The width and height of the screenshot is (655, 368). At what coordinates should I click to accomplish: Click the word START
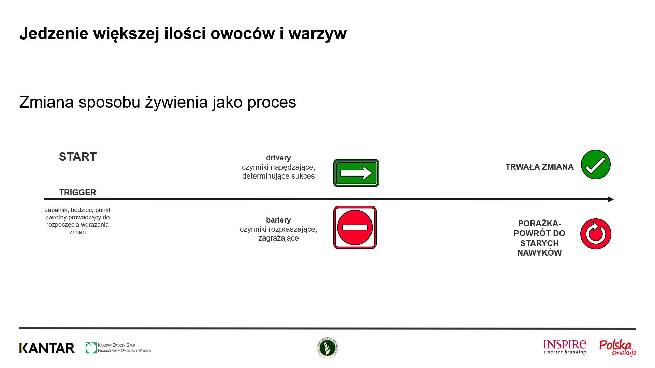(x=78, y=157)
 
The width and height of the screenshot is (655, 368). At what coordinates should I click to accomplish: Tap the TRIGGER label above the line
(x=78, y=193)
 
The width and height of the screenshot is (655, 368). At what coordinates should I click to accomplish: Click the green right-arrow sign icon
(x=356, y=173)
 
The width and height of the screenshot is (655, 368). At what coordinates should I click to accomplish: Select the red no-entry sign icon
(x=355, y=227)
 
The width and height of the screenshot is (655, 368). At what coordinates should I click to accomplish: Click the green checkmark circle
(x=596, y=164)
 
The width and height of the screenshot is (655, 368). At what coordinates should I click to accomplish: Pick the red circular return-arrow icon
(x=596, y=234)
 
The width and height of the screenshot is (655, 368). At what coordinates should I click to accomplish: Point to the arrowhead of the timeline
(x=611, y=199)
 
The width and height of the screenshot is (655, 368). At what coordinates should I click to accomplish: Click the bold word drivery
(x=278, y=158)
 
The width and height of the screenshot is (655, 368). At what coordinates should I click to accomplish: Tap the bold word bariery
(x=278, y=220)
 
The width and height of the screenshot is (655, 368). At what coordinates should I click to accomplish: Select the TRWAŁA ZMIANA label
(x=539, y=167)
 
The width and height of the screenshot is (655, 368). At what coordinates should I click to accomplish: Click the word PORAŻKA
(x=538, y=224)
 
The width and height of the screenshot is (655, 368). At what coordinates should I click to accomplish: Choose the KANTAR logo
(x=47, y=348)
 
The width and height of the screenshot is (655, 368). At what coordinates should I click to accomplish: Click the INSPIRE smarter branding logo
(x=565, y=347)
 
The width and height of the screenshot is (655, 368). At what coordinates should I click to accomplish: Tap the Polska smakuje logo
(x=618, y=348)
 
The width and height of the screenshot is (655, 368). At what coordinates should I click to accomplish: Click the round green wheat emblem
(x=327, y=348)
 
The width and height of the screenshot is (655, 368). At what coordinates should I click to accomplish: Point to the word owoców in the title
(x=243, y=34)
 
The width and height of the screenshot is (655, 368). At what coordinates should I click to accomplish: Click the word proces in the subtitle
(x=272, y=102)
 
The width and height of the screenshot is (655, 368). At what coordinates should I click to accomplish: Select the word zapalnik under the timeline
(x=56, y=210)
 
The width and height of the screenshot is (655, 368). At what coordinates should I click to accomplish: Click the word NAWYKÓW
(x=539, y=253)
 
